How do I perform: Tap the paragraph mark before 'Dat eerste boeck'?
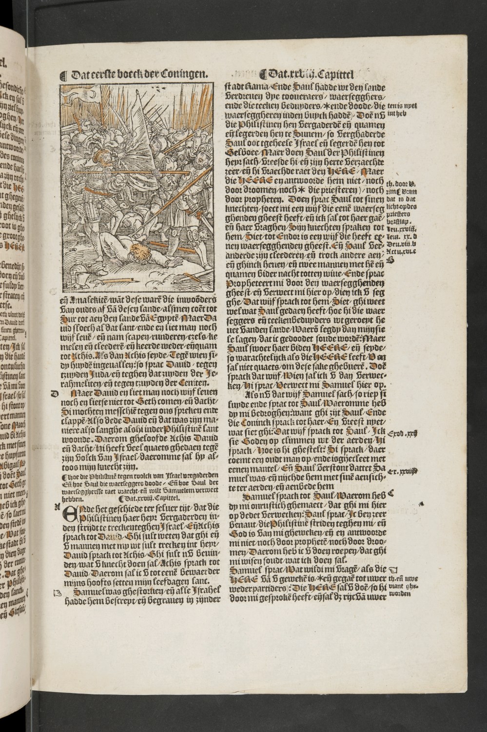[62, 76]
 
